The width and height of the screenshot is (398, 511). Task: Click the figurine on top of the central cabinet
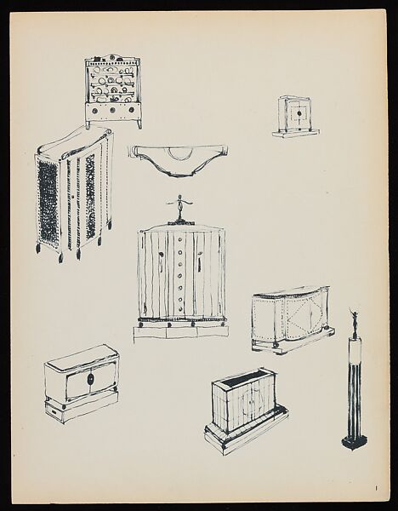[x=179, y=205]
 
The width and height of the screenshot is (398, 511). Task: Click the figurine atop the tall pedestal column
[x=355, y=322]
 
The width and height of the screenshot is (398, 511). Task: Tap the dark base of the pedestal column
[x=354, y=441]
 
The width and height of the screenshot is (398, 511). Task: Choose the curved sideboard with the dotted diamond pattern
[x=292, y=319]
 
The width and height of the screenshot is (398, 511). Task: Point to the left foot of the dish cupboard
[x=88, y=124]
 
